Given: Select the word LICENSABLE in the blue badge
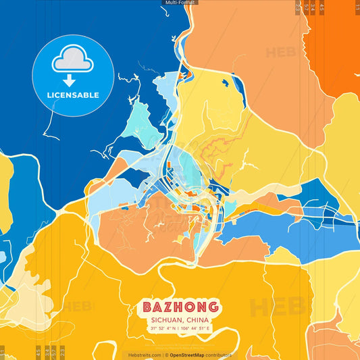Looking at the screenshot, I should (73, 95).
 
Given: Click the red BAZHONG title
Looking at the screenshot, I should (180, 307).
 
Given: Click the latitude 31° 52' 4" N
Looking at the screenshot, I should (165, 329).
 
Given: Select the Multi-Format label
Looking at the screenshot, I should (180, 3).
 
